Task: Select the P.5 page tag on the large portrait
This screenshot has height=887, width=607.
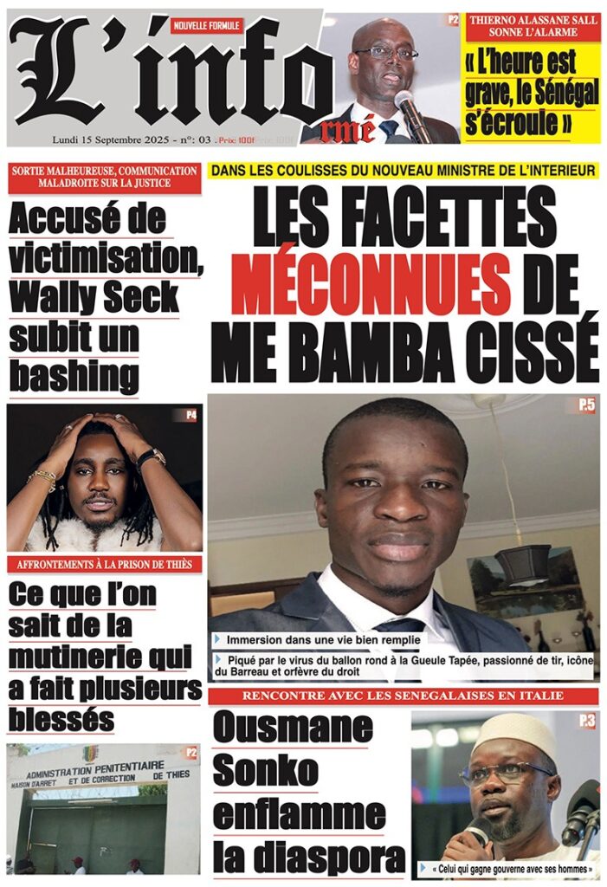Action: point(586,404)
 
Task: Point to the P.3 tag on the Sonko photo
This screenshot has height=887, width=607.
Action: point(587,720)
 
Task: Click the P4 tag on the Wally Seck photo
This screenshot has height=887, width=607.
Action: point(189,415)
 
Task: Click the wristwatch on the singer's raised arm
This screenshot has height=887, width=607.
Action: point(152,456)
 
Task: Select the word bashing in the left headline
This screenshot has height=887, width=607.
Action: point(74,376)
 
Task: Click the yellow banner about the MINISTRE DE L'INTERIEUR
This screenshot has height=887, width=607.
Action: point(404,171)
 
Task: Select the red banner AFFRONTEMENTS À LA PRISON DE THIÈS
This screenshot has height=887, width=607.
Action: point(104,565)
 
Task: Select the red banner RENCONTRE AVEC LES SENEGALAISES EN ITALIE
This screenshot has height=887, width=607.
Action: point(404,696)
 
